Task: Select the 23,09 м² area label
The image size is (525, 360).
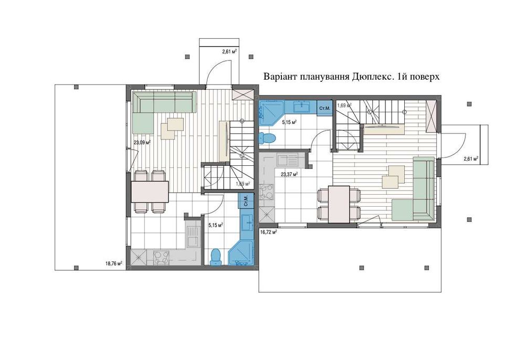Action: pyautogui.click(x=142, y=142)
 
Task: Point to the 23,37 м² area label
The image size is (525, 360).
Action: pyautogui.click(x=289, y=175)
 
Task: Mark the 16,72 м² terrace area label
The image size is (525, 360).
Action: pyautogui.click(x=269, y=231)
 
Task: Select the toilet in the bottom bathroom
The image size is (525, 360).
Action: pyautogui.click(x=215, y=256)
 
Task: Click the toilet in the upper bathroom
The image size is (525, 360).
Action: pyautogui.click(x=267, y=138)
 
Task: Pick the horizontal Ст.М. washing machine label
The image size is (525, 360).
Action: pyautogui.click(x=324, y=108)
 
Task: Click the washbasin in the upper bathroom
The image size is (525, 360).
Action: pyautogui.click(x=301, y=107)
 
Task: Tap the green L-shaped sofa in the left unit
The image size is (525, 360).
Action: pyautogui.click(x=157, y=108)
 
